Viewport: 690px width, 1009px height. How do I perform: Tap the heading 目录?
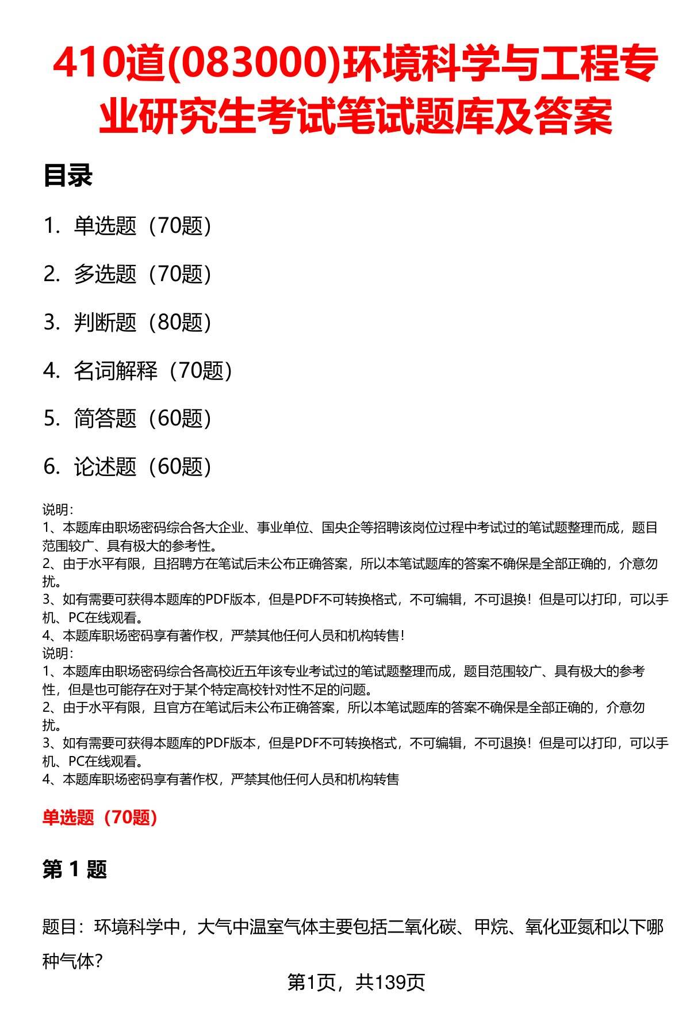(67, 176)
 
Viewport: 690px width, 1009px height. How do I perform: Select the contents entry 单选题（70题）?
(143, 226)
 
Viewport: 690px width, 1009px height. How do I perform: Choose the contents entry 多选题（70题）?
(143, 274)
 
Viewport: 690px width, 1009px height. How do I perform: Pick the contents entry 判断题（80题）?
(143, 323)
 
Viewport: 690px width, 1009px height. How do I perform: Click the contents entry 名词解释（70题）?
(153, 371)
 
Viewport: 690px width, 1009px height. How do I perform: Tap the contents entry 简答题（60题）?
(143, 419)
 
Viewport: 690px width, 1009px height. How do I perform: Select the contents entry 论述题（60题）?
(143, 467)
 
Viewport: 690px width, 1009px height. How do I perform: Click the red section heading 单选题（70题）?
(100, 817)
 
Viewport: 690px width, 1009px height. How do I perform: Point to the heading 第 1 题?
(75, 870)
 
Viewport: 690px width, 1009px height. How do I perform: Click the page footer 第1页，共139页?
(356, 983)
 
